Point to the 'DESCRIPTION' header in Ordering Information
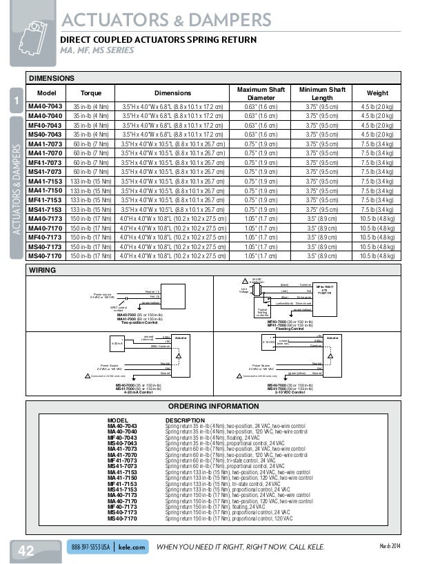(185, 420)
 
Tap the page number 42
(26, 550)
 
